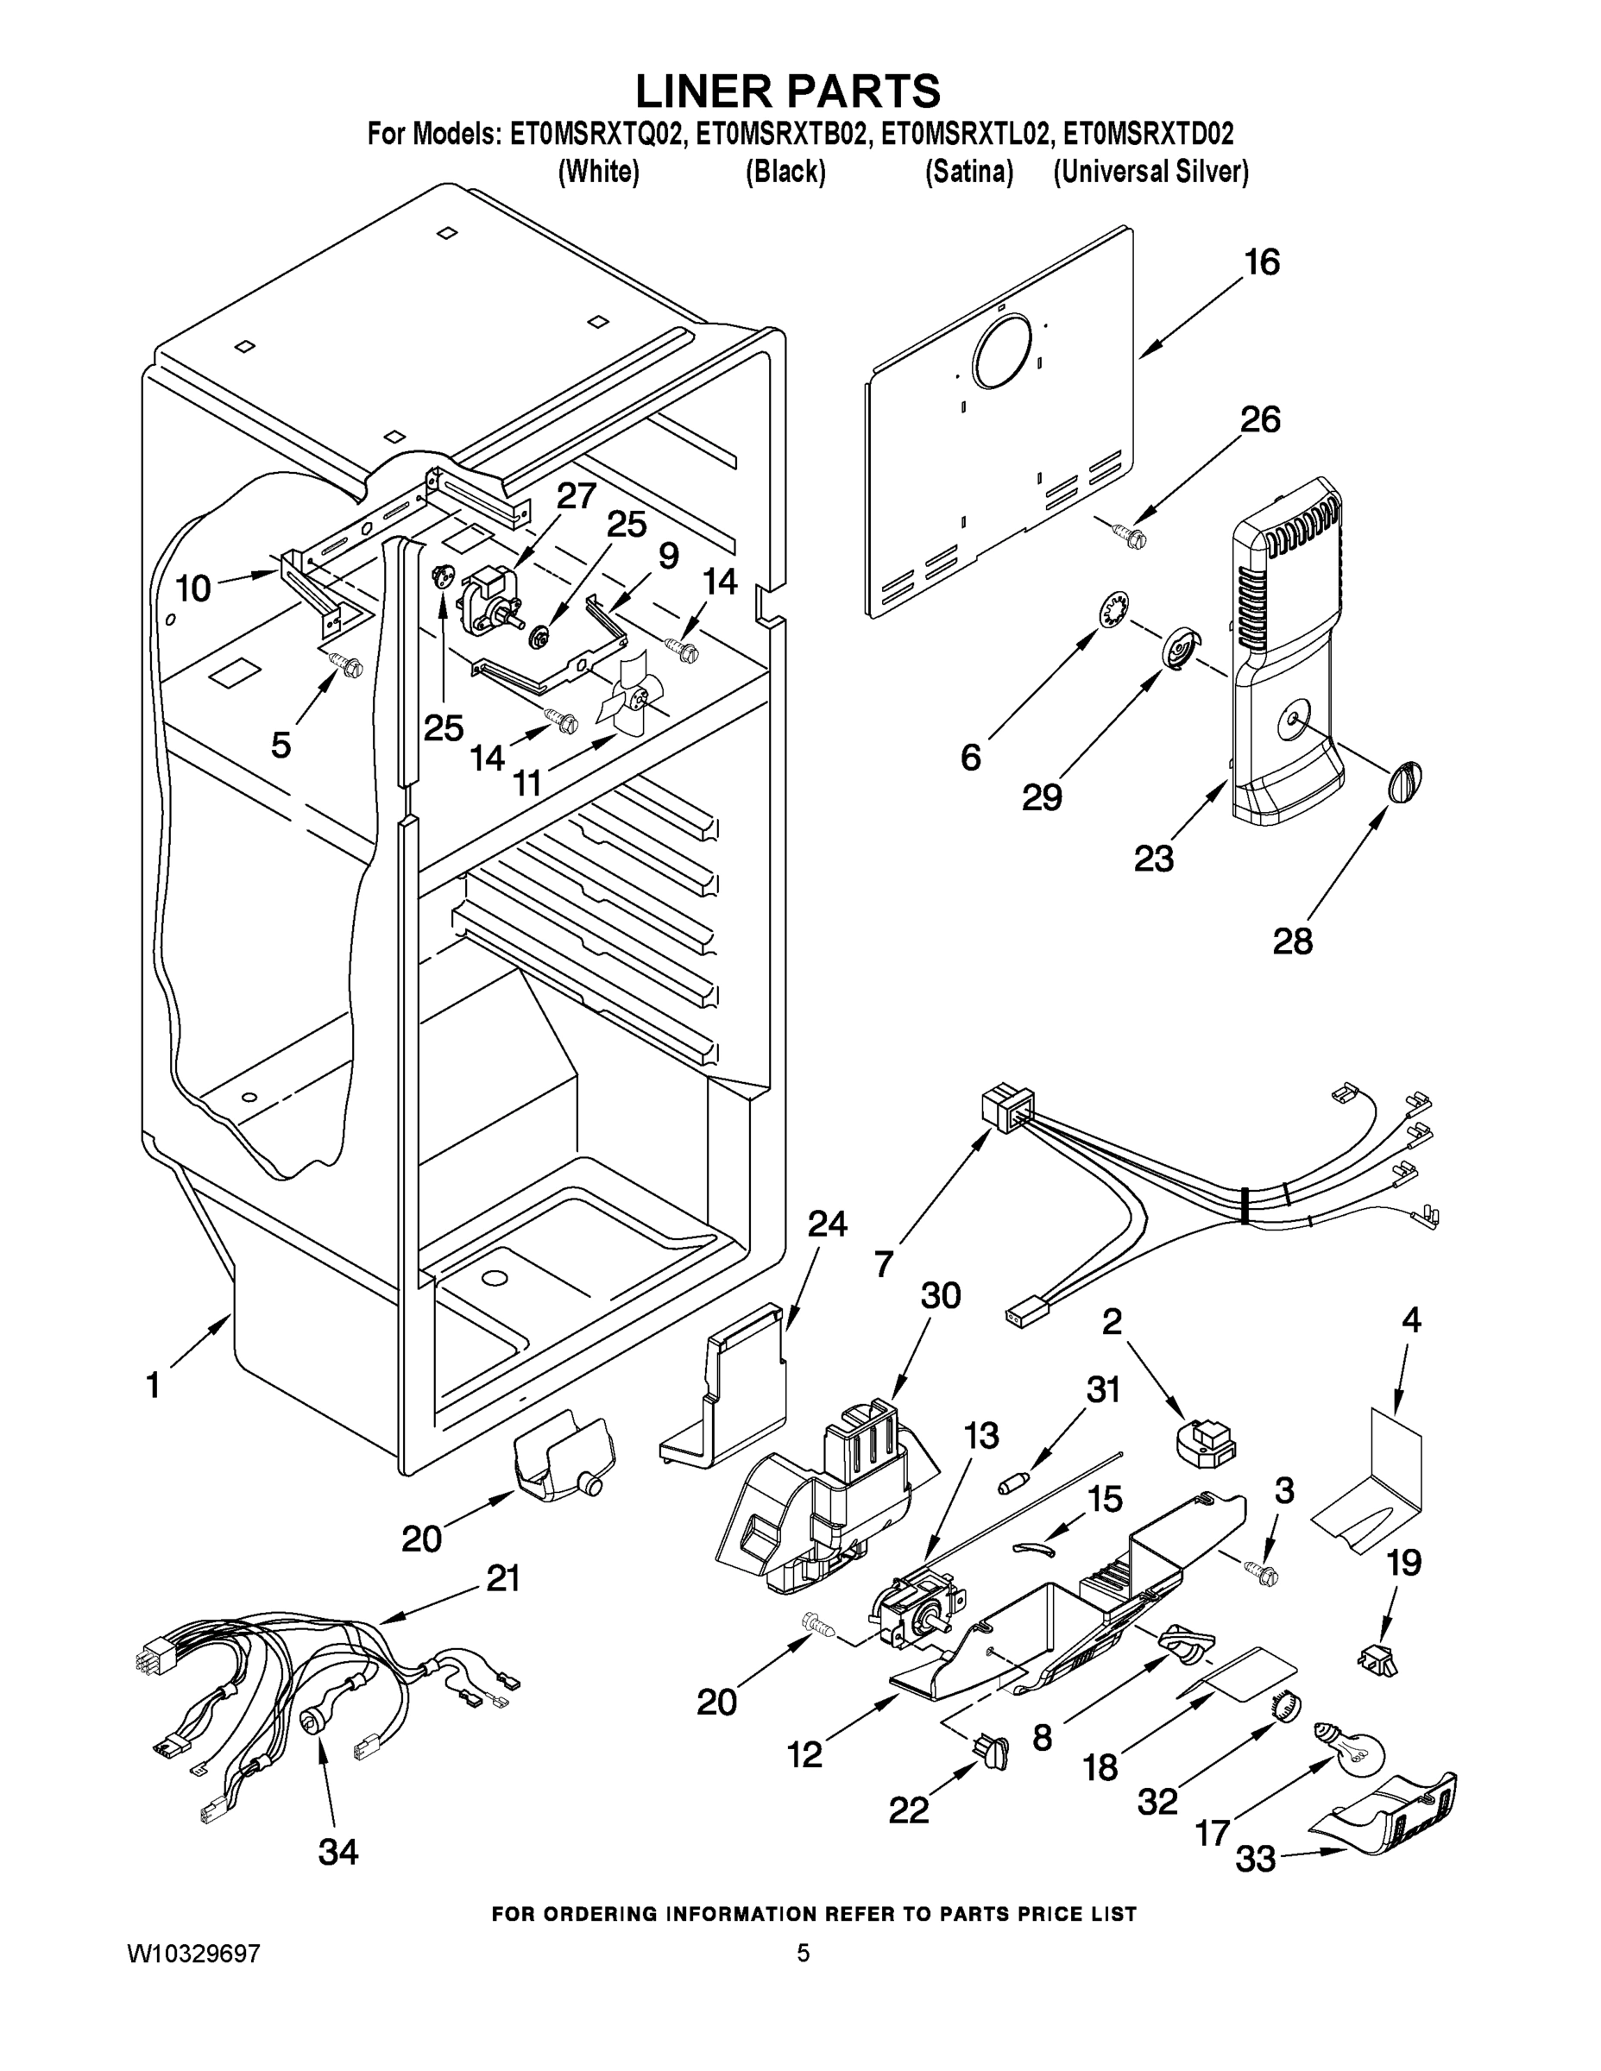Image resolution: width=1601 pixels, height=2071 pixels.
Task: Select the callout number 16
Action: pyautogui.click(x=1262, y=262)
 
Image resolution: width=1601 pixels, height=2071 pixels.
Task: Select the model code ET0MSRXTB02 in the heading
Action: pyautogui.click(x=782, y=135)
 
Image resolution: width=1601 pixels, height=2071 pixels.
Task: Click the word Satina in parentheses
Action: pyautogui.click(x=968, y=173)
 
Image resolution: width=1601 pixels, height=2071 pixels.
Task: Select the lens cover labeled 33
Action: pyautogui.click(x=1390, y=1815)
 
